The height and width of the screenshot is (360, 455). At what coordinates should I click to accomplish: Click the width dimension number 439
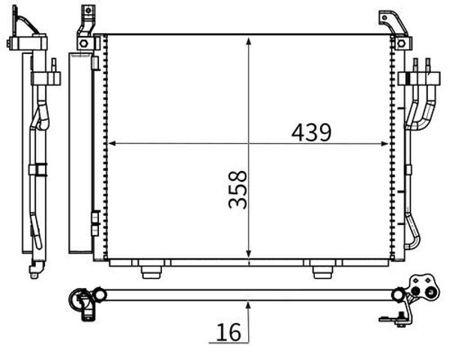tap(311, 133)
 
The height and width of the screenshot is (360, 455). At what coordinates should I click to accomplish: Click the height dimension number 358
tap(238, 190)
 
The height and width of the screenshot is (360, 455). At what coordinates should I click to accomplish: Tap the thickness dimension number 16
tap(229, 331)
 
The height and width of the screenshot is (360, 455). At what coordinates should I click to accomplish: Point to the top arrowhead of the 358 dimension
tap(248, 41)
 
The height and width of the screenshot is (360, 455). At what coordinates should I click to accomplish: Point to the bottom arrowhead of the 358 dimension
tap(248, 253)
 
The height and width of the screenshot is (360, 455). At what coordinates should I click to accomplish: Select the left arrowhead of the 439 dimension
tap(112, 143)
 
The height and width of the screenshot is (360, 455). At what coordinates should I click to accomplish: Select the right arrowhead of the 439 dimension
tap(385, 143)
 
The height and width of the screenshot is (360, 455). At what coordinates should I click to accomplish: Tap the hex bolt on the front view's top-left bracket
tap(83, 43)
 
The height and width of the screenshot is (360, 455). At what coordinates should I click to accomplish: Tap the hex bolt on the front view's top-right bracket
tap(401, 43)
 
